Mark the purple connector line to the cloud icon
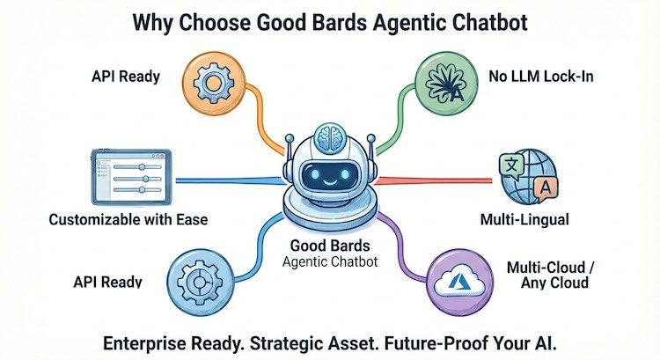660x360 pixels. click(402, 251)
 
